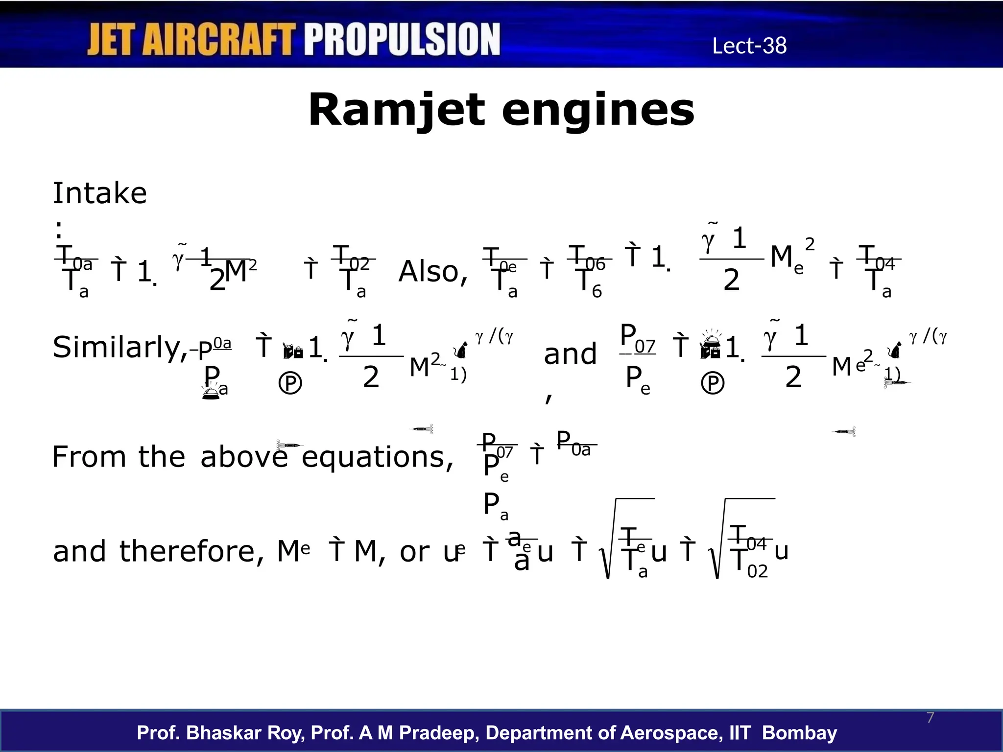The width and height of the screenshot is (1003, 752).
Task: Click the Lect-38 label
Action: point(749,46)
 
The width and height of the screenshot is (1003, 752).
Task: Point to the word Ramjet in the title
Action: point(397,111)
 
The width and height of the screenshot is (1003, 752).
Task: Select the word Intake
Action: point(99,193)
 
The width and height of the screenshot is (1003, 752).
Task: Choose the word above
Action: point(244,457)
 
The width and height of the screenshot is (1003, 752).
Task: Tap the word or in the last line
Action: point(414,552)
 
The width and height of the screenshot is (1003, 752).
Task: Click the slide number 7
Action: point(931,718)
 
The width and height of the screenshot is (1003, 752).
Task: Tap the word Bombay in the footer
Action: point(799,733)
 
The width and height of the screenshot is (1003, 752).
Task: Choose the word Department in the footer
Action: point(549,733)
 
